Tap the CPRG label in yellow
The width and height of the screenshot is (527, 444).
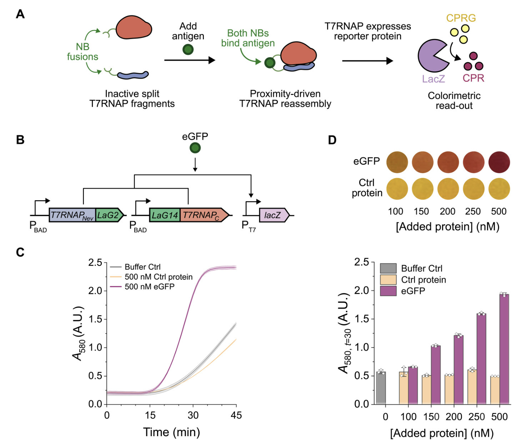click(461, 18)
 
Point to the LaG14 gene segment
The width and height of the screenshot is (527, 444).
click(165, 215)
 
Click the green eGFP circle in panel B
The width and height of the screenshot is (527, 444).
click(195, 148)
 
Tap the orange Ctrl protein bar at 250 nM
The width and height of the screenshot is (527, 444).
click(472, 387)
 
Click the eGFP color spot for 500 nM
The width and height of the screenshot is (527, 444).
click(499, 162)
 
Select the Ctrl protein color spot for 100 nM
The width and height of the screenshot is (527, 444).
click(397, 189)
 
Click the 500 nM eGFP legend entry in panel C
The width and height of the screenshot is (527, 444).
click(149, 287)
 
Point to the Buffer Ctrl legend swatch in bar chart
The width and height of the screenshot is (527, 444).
click(388, 268)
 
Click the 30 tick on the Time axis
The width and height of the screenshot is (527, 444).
click(193, 415)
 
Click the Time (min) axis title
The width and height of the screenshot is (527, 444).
click(171, 432)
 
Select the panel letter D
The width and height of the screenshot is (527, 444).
click(332, 140)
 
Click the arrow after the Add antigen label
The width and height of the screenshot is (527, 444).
click(189, 60)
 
